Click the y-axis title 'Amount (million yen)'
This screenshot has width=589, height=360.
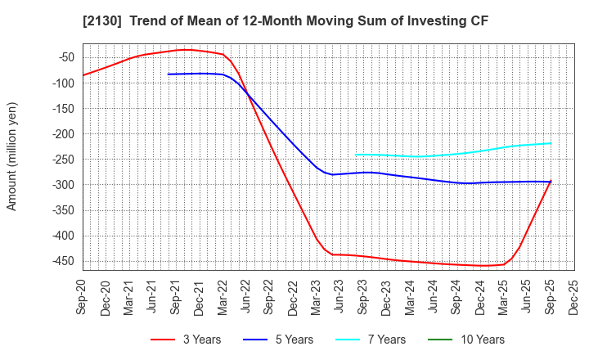coord(12,156)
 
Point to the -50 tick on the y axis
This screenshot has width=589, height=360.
coord(65,57)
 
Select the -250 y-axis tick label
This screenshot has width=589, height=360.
coord(61,160)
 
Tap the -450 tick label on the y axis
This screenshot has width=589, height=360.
coord(61,262)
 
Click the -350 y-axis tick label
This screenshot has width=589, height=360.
coord(61,210)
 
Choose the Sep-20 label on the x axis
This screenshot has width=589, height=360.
coord(83,297)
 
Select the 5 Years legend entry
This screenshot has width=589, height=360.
coord(286,340)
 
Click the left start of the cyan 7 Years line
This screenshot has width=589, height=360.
coord(356,154)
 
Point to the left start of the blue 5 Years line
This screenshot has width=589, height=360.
coord(168,74)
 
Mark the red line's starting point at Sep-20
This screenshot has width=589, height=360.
coord(83,75)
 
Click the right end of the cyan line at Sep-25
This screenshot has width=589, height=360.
coord(551,143)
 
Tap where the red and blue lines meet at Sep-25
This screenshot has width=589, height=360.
coord(551,182)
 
